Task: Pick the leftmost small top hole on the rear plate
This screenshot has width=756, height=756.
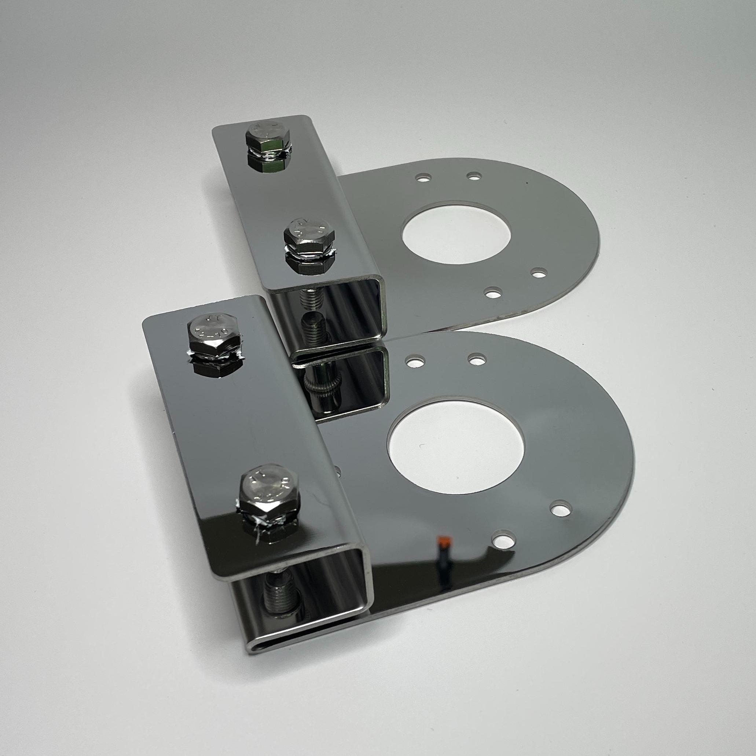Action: point(422,178)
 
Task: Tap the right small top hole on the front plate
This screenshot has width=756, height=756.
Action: point(477,358)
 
